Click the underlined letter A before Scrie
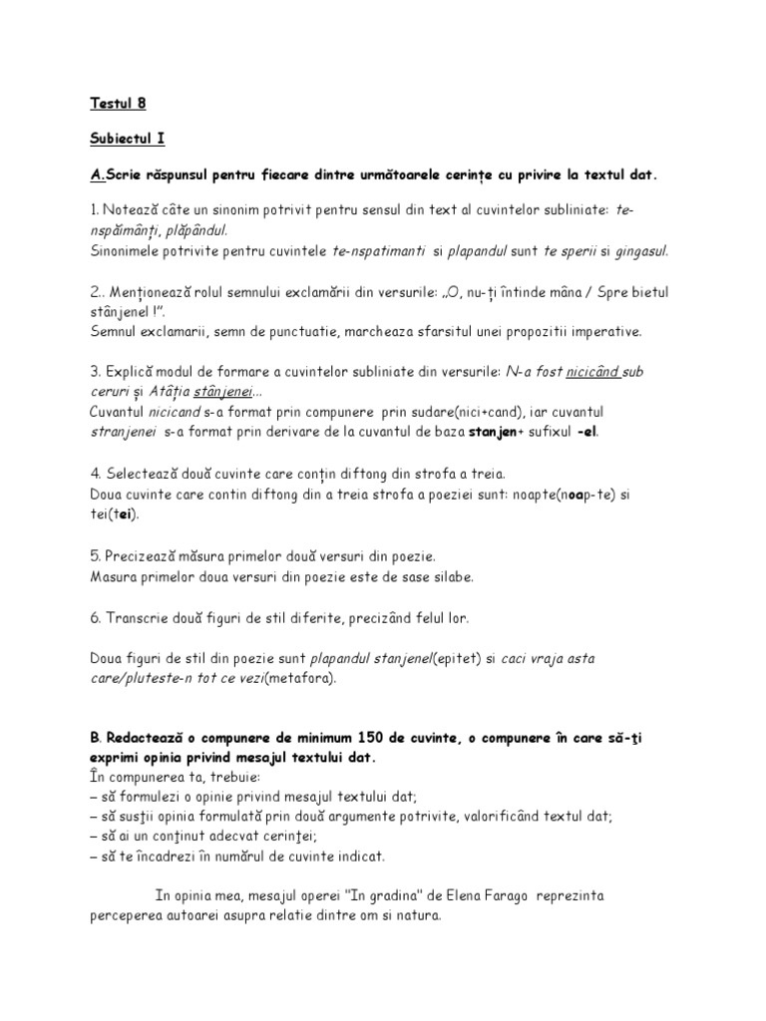pyautogui.click(x=96, y=174)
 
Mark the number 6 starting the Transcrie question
pyautogui.click(x=93, y=618)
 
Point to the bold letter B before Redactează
pyautogui.click(x=92, y=738)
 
